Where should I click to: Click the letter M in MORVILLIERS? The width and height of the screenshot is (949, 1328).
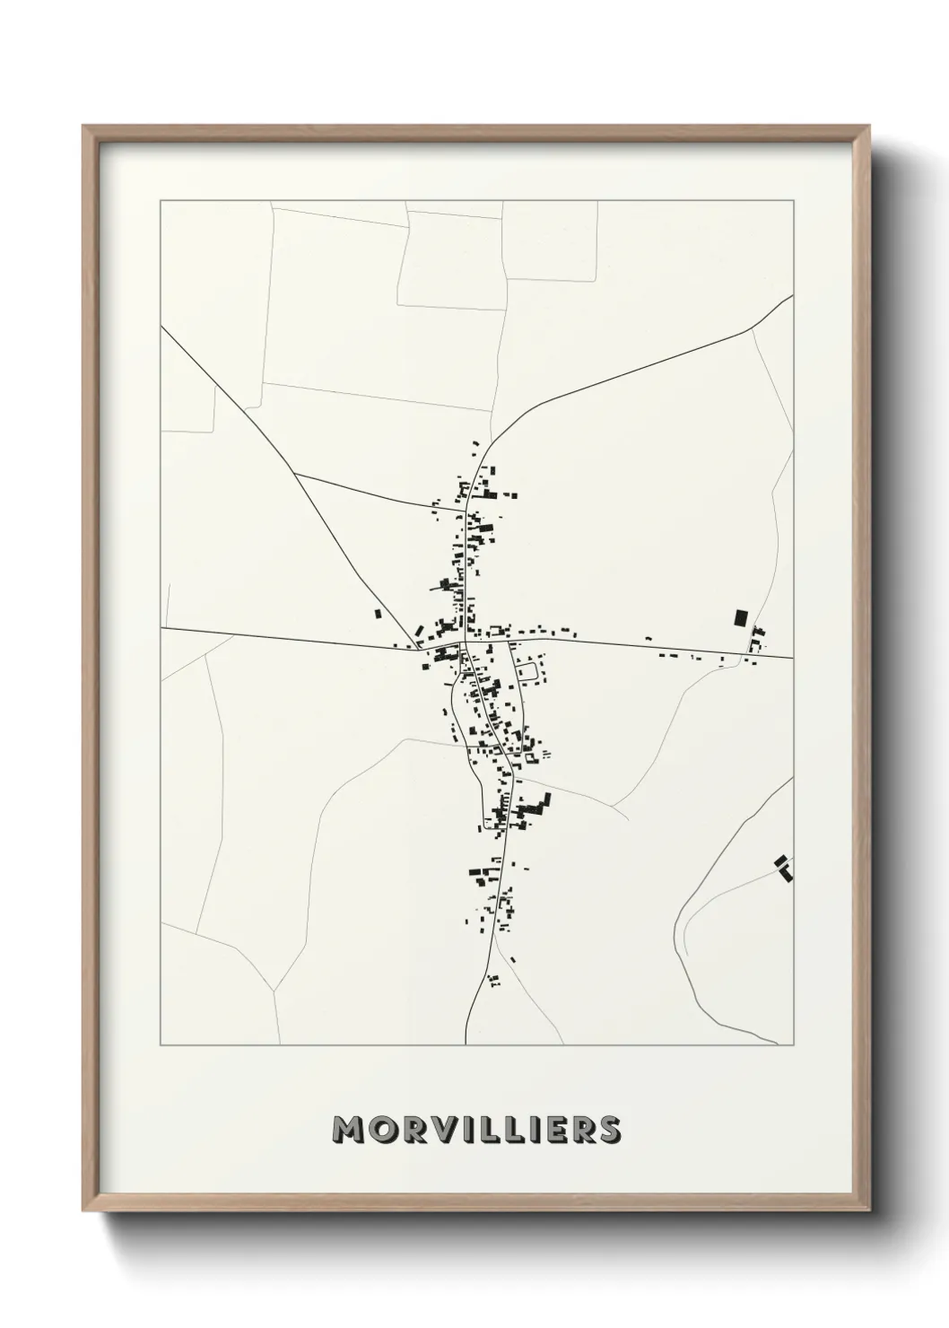[x=347, y=1130]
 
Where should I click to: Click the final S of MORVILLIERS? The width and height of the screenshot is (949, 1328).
[x=608, y=1130]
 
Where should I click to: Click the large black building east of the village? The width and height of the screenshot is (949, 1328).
[x=740, y=617]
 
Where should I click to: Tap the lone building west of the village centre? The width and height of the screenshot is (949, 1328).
[x=379, y=615]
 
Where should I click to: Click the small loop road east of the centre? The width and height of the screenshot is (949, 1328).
[x=528, y=669]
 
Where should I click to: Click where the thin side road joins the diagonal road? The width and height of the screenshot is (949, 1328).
[x=295, y=473]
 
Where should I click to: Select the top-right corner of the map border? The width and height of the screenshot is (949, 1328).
[x=793, y=200]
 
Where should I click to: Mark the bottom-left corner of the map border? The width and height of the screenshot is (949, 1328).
[x=161, y=1045]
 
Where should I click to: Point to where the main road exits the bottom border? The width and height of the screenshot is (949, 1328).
[x=466, y=1044]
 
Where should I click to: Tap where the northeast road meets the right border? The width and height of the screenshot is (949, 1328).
[x=793, y=295]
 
